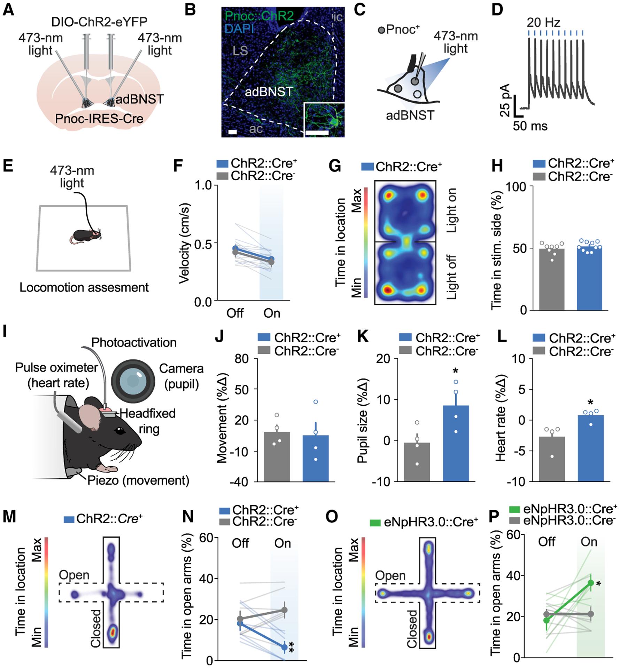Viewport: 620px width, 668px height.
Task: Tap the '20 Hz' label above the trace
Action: [543, 23]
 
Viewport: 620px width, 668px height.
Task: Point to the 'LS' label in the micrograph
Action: [240, 51]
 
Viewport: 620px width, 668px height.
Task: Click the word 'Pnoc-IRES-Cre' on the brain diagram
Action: [99, 119]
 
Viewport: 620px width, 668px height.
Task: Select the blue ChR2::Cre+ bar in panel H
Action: [589, 278]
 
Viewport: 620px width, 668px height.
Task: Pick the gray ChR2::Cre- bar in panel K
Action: [417, 462]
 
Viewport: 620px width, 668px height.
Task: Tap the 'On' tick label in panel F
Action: [272, 313]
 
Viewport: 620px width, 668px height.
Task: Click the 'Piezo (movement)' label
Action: [138, 480]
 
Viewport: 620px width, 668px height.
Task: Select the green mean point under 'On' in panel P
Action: [591, 582]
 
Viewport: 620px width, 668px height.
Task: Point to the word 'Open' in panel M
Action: [74, 575]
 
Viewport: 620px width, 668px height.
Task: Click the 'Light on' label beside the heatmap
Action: [452, 210]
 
